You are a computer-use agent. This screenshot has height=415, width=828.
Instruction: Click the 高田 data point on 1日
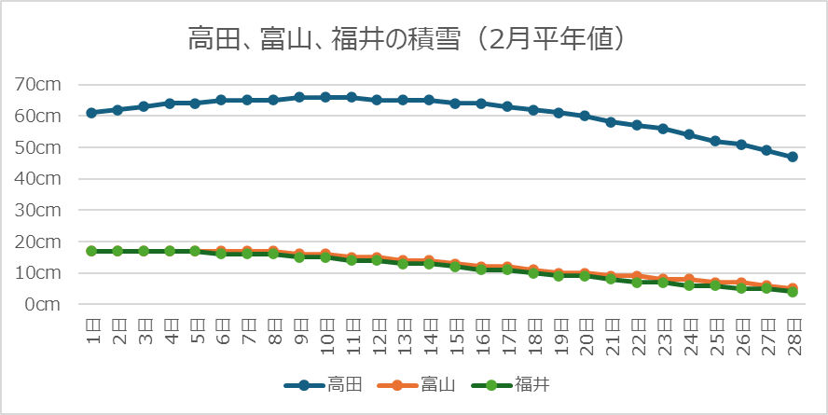pyautogui.click(x=91, y=113)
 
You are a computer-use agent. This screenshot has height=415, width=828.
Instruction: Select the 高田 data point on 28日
pyautogui.click(x=793, y=157)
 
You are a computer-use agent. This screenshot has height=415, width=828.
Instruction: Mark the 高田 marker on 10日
pyautogui.click(x=325, y=97)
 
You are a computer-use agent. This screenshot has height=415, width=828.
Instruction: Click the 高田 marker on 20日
pyautogui.click(x=585, y=116)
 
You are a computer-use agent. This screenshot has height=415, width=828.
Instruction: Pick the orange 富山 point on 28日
pyautogui.click(x=793, y=288)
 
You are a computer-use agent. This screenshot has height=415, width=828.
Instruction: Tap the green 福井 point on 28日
pyautogui.click(x=793, y=292)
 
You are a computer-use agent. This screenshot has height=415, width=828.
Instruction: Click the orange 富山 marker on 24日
pyautogui.click(x=688, y=279)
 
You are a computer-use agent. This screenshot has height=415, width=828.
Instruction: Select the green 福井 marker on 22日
pyautogui.click(x=637, y=282)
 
